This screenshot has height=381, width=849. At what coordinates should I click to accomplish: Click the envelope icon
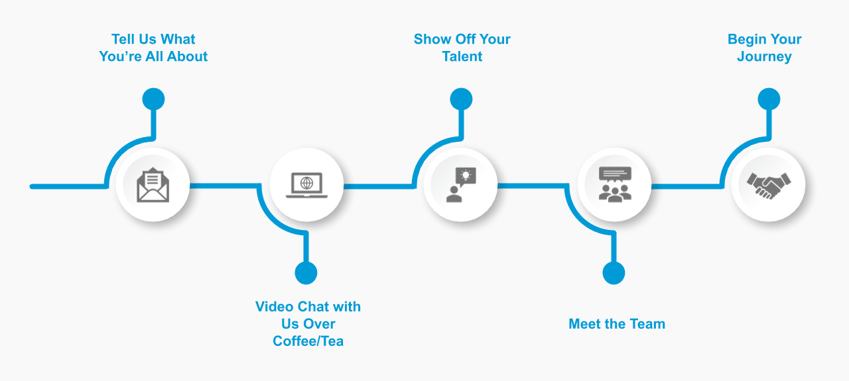153,185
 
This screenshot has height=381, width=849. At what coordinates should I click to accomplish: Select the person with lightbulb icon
460,185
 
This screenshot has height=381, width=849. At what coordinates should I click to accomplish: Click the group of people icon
614,184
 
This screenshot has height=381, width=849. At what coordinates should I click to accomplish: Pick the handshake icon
768,185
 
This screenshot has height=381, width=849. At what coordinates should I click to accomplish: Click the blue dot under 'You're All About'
153,99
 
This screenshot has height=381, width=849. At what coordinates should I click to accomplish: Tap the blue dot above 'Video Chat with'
306,272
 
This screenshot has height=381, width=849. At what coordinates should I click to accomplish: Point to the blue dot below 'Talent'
461,99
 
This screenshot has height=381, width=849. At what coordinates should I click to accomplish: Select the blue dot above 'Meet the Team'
614,272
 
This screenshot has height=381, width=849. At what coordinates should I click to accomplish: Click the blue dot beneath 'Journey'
769,99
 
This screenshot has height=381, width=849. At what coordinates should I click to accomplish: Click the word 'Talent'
462,57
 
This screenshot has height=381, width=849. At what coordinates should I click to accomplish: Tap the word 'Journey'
764,57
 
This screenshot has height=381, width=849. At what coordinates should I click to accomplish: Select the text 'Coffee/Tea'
308,342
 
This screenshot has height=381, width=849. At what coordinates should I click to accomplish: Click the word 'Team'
647,324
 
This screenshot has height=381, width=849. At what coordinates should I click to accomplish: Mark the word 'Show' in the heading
432,40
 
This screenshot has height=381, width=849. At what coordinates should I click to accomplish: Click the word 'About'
188,57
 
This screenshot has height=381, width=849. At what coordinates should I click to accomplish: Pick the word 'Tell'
123,40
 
